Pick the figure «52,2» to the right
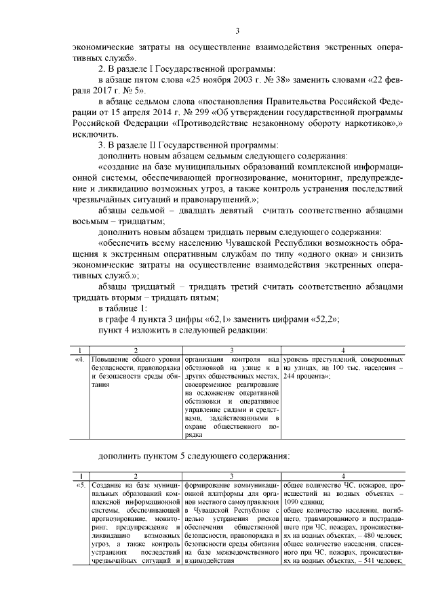click(x=323, y=319)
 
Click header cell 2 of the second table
click(x=135, y=476)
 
